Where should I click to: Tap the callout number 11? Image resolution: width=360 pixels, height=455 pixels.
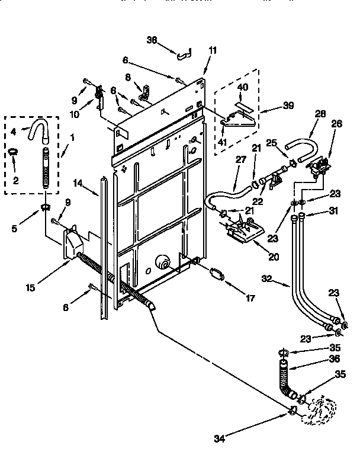click(x=213, y=50)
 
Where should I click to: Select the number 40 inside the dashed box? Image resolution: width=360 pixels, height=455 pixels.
click(x=243, y=87)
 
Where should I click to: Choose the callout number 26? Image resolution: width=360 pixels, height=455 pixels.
click(x=337, y=124)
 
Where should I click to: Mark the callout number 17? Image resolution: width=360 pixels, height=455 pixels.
click(x=250, y=299)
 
